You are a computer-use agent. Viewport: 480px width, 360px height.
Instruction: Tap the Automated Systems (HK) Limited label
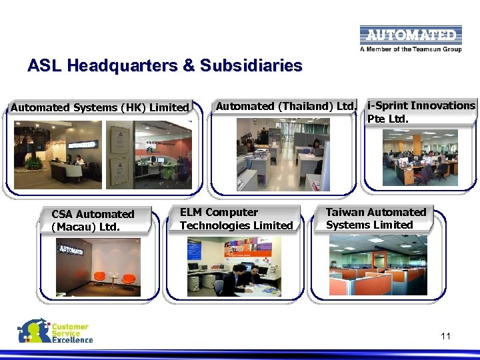click(x=100, y=107)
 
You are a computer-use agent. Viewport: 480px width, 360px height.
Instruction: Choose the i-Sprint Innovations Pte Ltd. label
click(x=421, y=112)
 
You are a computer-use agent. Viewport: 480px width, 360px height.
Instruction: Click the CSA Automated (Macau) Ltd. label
click(x=93, y=220)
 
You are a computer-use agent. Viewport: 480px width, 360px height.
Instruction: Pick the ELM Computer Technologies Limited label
click(x=236, y=219)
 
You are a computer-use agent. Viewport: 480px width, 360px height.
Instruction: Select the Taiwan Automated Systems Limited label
click(x=376, y=219)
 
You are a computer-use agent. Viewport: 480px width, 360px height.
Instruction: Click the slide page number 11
click(x=445, y=336)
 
